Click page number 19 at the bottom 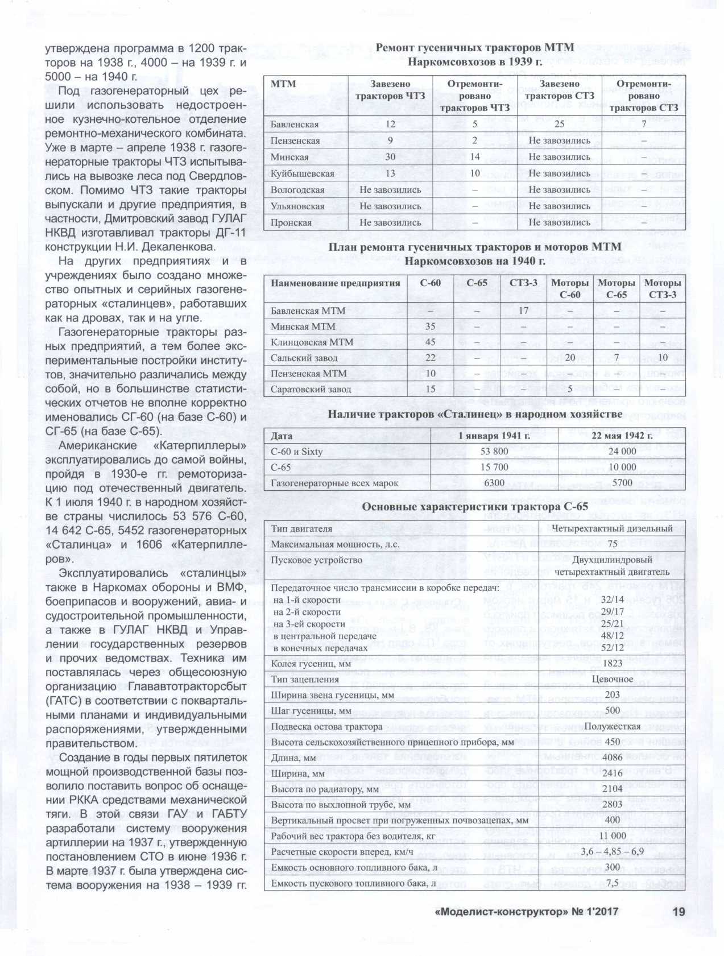[x=679, y=912]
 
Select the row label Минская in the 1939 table [x=289, y=157]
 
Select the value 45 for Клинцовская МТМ [x=430, y=342]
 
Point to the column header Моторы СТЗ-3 [x=663, y=288]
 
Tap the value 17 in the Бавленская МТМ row [x=523, y=311]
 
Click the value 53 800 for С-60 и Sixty [x=494, y=451]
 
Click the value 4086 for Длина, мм [x=613, y=758]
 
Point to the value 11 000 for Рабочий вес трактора [x=613, y=836]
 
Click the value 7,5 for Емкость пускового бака [x=613, y=883]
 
